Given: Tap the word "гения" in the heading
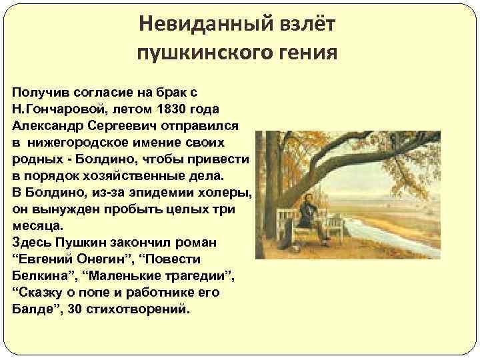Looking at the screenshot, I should (310, 51).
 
